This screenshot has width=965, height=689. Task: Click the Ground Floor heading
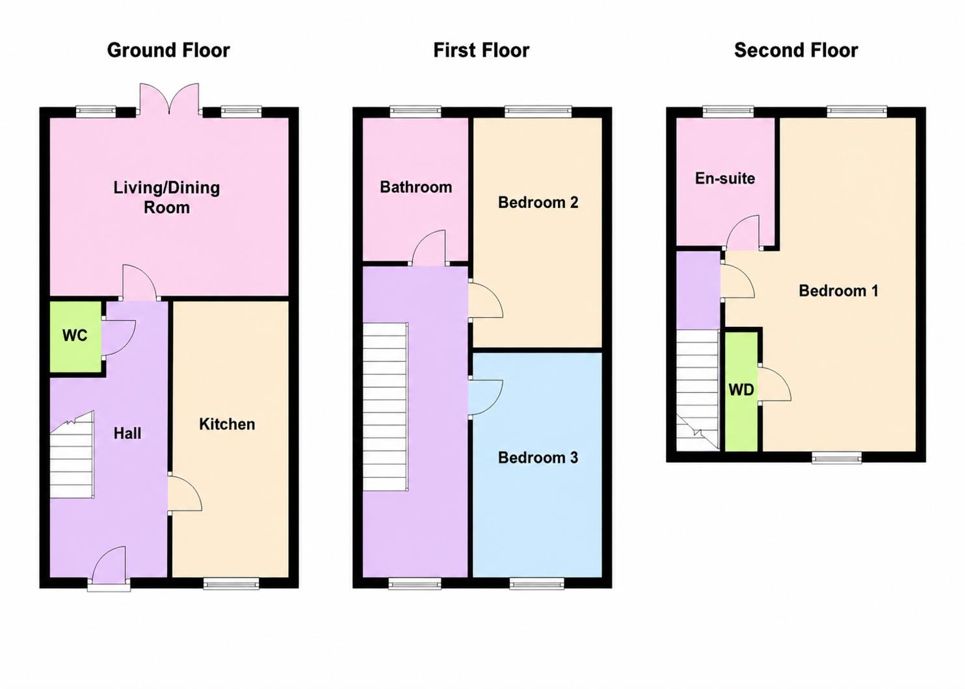click(168, 51)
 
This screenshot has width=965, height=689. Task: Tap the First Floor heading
click(481, 51)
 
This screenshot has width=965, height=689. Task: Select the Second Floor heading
click(796, 51)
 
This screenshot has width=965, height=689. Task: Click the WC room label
click(75, 335)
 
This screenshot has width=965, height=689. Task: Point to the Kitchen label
click(227, 424)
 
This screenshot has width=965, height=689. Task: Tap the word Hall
click(127, 433)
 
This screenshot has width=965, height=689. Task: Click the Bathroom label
click(416, 187)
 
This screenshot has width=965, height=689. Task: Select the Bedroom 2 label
click(538, 202)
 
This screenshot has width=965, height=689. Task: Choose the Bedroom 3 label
click(538, 458)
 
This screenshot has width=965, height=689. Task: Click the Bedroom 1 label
click(838, 291)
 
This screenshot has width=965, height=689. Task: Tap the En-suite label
click(725, 178)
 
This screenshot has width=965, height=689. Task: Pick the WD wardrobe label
click(741, 390)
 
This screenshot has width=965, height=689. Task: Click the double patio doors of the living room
click(169, 99)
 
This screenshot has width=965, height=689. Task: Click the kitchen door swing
click(185, 493)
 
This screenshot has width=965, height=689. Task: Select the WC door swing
click(118, 338)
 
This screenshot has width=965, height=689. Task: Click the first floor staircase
click(385, 407)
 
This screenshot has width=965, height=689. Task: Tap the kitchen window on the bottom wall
click(231, 584)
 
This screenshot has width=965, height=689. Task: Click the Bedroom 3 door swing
click(486, 398)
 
